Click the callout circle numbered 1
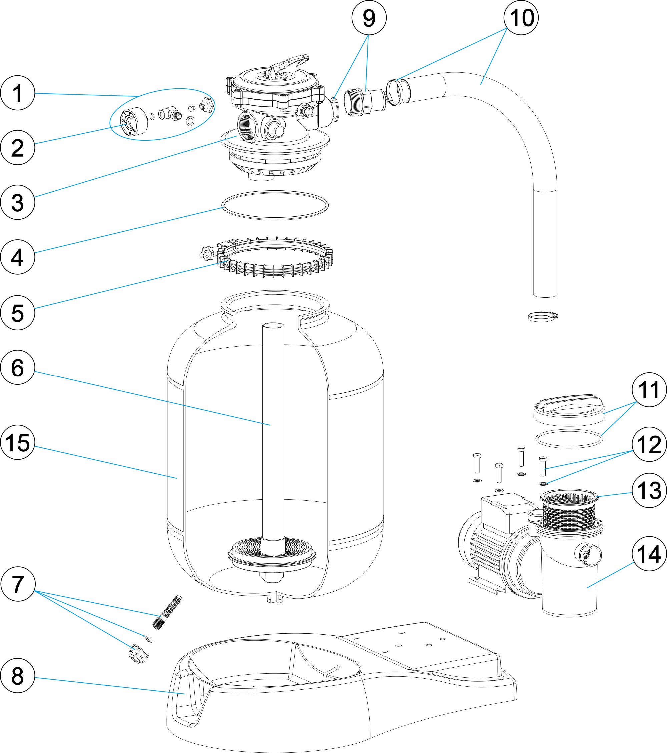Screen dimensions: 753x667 (x=17, y=93)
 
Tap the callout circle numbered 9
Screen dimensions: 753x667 (x=369, y=18)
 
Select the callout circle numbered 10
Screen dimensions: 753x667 (x=521, y=18)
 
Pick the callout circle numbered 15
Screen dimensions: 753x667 (x=17, y=442)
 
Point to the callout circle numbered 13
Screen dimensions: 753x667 (x=649, y=490)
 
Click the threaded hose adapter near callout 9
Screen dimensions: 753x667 (x=363, y=100)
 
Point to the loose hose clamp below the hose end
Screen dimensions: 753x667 (x=543, y=316)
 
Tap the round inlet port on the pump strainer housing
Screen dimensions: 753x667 (x=590, y=555)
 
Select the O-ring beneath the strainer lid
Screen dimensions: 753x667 (x=569, y=439)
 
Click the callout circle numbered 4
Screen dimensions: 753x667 (x=17, y=257)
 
